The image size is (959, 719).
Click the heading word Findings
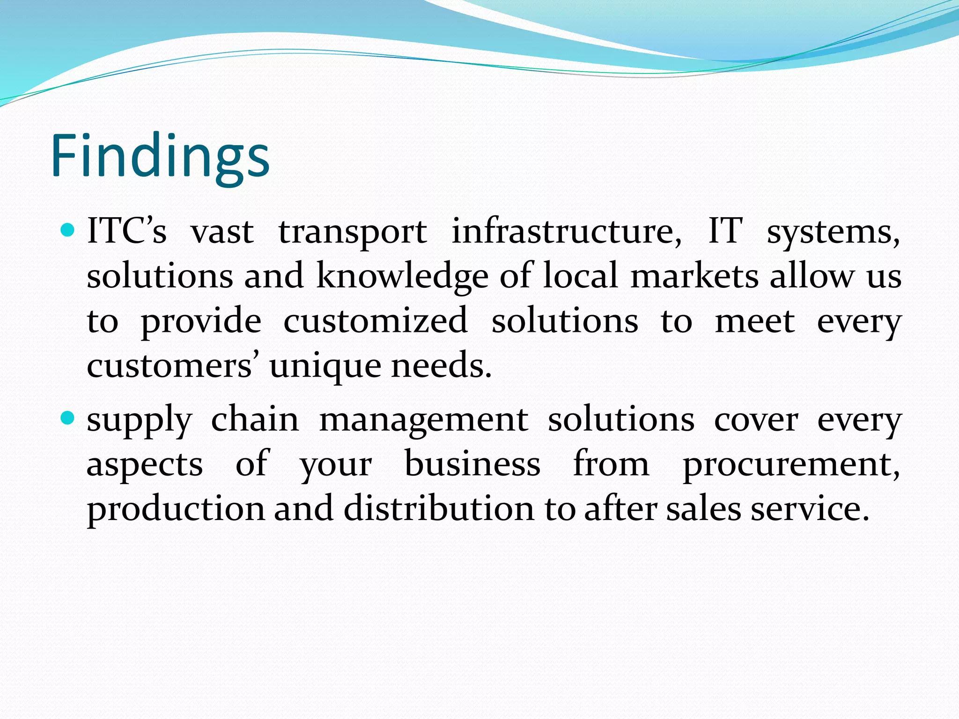click(x=160, y=156)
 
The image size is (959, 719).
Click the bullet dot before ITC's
click(x=68, y=230)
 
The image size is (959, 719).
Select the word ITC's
click(x=126, y=231)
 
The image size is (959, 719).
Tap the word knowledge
click(x=402, y=276)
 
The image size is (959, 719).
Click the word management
click(x=424, y=421)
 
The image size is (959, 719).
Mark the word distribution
click(x=439, y=509)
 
